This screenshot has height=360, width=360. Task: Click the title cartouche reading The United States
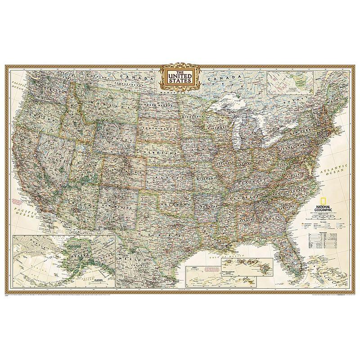click(x=180, y=75)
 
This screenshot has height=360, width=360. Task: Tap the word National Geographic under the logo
click(x=324, y=208)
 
